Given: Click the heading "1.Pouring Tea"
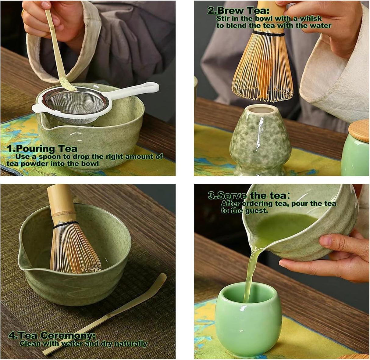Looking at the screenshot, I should point(42,149).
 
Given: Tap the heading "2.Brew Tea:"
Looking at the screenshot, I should point(238,11).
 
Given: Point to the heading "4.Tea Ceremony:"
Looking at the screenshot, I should point(52,336).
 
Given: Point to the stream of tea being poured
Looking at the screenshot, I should point(251,268).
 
